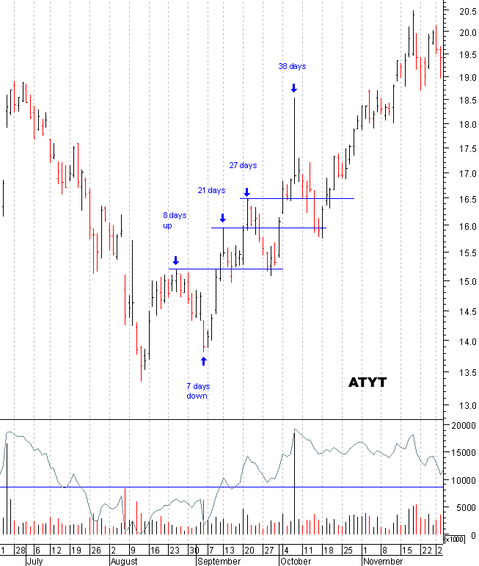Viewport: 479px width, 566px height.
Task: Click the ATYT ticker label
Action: click(x=367, y=382)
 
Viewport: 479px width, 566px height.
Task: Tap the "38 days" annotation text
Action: click(x=292, y=66)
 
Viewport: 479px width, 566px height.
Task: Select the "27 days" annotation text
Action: click(x=243, y=165)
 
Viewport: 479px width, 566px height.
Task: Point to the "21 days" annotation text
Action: click(x=211, y=191)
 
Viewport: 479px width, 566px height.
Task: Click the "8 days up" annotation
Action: click(x=175, y=221)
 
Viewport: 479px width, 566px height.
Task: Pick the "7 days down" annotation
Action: click(x=197, y=391)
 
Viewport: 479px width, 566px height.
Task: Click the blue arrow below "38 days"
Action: click(x=293, y=88)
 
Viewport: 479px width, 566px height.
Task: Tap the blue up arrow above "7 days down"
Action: click(x=204, y=360)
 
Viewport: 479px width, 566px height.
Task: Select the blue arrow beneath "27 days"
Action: click(x=247, y=192)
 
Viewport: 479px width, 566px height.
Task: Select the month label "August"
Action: click(x=123, y=560)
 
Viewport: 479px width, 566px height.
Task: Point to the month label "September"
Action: click(x=218, y=560)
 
